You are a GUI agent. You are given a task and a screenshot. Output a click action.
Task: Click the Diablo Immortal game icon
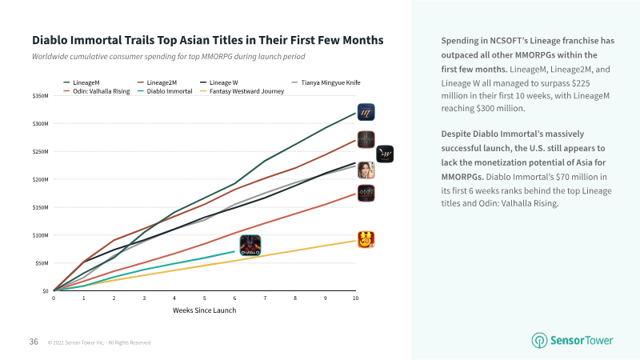click(x=250, y=245)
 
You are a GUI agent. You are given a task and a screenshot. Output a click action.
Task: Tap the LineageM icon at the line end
click(x=366, y=112)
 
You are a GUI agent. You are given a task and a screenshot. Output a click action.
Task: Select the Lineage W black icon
click(x=385, y=154)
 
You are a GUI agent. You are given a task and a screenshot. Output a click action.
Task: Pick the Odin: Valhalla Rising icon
click(x=366, y=194)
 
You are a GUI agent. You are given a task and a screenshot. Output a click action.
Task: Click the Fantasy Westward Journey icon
click(x=366, y=239)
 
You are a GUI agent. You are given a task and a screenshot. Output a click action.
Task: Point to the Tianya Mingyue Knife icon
click(x=366, y=170)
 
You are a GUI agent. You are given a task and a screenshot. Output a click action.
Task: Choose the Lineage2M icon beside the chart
click(x=366, y=139)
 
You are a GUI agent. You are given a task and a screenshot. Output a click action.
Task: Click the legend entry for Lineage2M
click(x=157, y=82)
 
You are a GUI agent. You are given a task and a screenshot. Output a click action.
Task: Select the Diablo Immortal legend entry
click(x=165, y=91)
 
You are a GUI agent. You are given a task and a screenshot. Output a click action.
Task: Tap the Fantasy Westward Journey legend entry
click(x=242, y=91)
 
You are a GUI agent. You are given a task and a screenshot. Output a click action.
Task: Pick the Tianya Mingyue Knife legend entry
click(x=326, y=82)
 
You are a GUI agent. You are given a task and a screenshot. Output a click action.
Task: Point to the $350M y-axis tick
click(x=41, y=96)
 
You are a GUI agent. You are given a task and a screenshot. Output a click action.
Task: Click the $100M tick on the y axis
click(x=41, y=235)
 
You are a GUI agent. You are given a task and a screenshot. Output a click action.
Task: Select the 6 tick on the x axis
click(x=234, y=298)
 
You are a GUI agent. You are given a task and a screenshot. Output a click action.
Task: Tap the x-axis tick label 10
click(x=355, y=298)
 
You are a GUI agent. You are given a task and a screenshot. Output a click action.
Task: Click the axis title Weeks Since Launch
click(x=205, y=310)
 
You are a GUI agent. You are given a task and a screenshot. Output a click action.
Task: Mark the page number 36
click(x=34, y=342)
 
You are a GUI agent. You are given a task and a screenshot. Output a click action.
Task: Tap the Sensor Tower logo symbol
click(x=539, y=341)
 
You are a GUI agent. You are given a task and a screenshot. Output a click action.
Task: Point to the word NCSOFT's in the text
click(x=509, y=41)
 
